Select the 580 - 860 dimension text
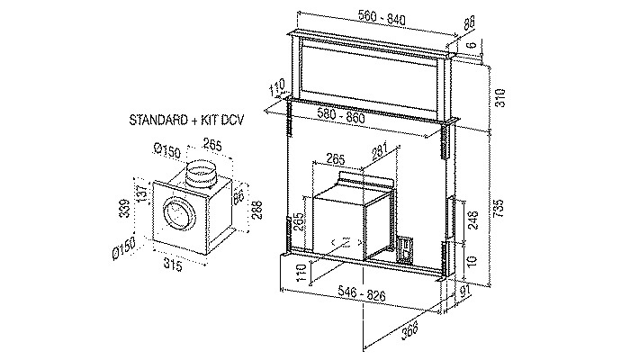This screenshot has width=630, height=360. pos(341,116)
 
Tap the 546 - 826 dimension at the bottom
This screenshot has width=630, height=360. pos(362,293)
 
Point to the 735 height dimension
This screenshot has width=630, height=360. pos(498,208)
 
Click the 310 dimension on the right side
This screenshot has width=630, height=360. pos(499,97)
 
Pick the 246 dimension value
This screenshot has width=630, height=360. pos(472,220)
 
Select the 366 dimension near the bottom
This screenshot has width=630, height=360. pos(409,329)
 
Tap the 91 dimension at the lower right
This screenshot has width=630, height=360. pos(465,292)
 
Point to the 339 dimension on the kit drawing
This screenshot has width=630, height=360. pos(125,208)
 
